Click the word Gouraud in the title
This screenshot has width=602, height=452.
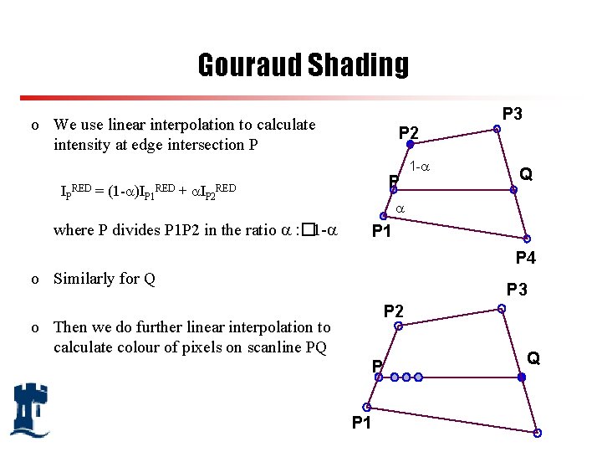point(249,64)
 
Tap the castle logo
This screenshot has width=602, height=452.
point(29,409)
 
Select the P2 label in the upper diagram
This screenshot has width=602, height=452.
point(409,132)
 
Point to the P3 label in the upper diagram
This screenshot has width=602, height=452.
point(512,113)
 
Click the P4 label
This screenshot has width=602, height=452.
point(526,258)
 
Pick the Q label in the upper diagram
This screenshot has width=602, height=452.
point(527,174)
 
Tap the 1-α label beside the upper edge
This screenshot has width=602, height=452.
point(421,167)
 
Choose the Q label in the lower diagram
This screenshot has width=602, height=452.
point(533,358)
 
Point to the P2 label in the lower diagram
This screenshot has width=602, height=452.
point(393,311)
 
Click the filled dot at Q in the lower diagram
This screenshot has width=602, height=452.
point(522,378)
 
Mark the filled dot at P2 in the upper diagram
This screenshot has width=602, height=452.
point(398,144)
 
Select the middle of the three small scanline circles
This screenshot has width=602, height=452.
point(406,378)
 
